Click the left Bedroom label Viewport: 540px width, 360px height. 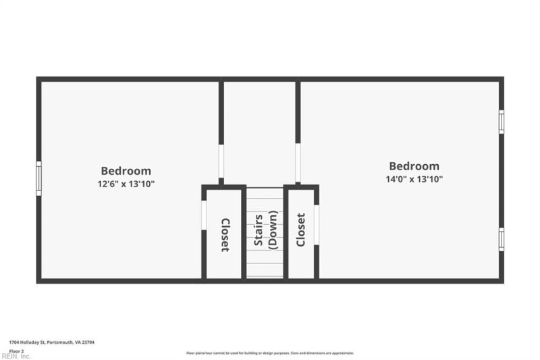[126, 171]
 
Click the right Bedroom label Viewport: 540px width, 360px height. [414, 166]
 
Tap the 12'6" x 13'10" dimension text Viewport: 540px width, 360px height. [126, 184]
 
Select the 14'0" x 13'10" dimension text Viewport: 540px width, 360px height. [414, 180]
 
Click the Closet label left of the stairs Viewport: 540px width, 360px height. [225, 235]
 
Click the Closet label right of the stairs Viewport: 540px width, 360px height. [301, 230]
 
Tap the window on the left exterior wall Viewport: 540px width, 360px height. [38, 178]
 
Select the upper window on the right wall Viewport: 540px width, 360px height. [501, 121]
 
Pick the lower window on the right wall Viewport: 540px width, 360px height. [501, 238]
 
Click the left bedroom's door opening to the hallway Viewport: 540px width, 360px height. [221, 161]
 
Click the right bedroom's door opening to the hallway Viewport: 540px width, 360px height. [298, 163]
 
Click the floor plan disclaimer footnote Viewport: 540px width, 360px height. [270, 353]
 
